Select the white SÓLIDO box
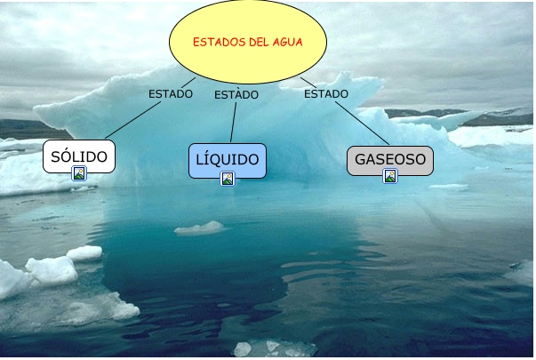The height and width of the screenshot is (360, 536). pyautogui.click(x=79, y=157)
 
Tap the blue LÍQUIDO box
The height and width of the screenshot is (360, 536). pyautogui.click(x=228, y=160)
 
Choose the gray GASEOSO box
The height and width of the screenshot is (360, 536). pyautogui.click(x=389, y=160)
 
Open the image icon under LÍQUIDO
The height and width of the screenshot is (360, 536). pyautogui.click(x=228, y=179)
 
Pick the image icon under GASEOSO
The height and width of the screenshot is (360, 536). pyautogui.click(x=389, y=176)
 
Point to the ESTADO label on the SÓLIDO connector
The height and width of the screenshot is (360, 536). pyautogui.click(x=171, y=93)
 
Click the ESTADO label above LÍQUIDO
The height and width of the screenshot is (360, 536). pyautogui.click(x=236, y=94)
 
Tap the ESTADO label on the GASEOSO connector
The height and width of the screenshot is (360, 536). pyautogui.click(x=325, y=92)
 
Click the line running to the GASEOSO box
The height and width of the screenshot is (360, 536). pyautogui.click(x=360, y=123)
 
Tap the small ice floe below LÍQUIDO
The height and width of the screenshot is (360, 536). pyautogui.click(x=200, y=228)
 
